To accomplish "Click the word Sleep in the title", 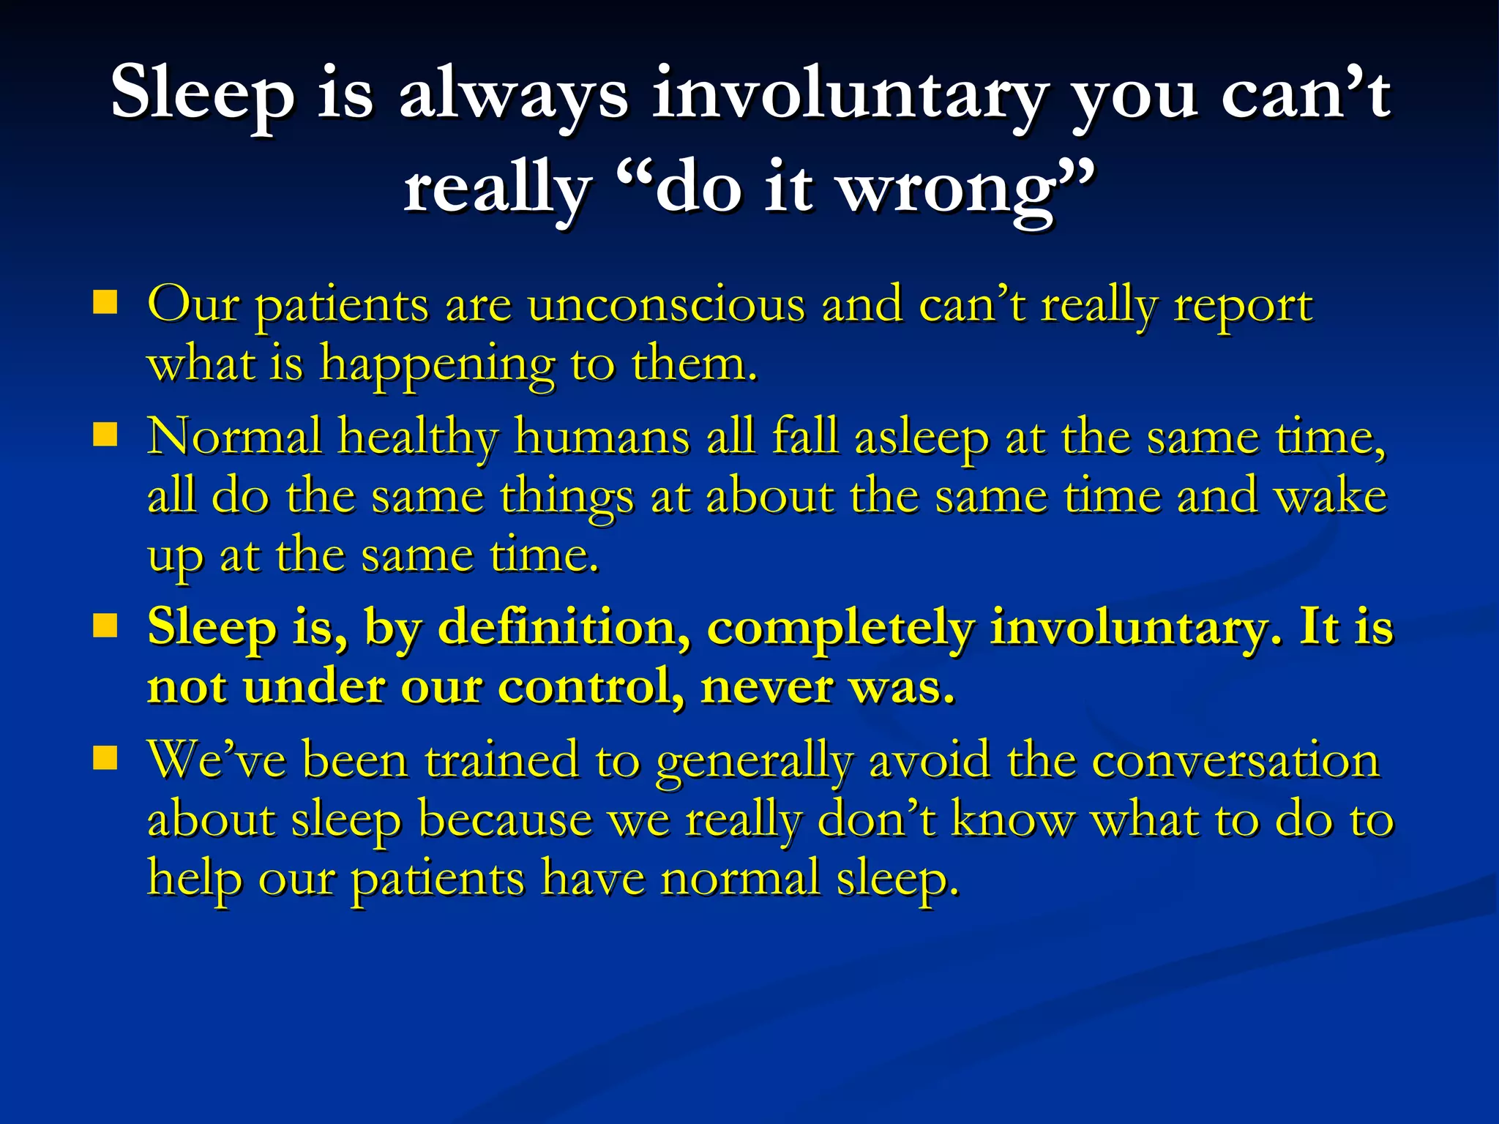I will click(203, 94).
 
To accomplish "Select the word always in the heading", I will click(513, 94).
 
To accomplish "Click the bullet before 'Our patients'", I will click(105, 302).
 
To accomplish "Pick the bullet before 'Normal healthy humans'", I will click(105, 435).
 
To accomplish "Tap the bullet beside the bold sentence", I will click(105, 626).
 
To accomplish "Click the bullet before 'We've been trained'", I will click(105, 759).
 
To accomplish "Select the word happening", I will click(437, 365).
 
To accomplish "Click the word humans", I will click(602, 437).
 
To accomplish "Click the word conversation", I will click(1236, 760).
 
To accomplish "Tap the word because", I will click(505, 820).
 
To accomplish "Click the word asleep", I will click(922, 438).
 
